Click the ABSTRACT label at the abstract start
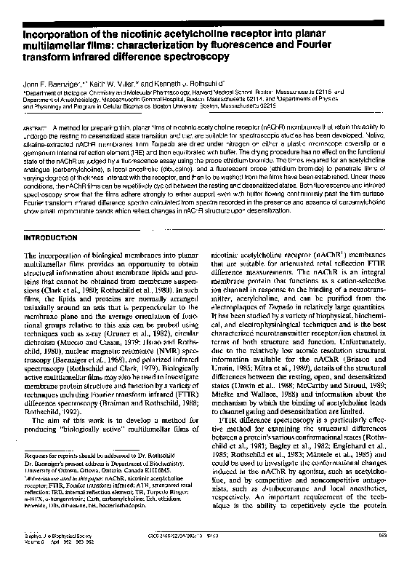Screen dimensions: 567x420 pos(37,126)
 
